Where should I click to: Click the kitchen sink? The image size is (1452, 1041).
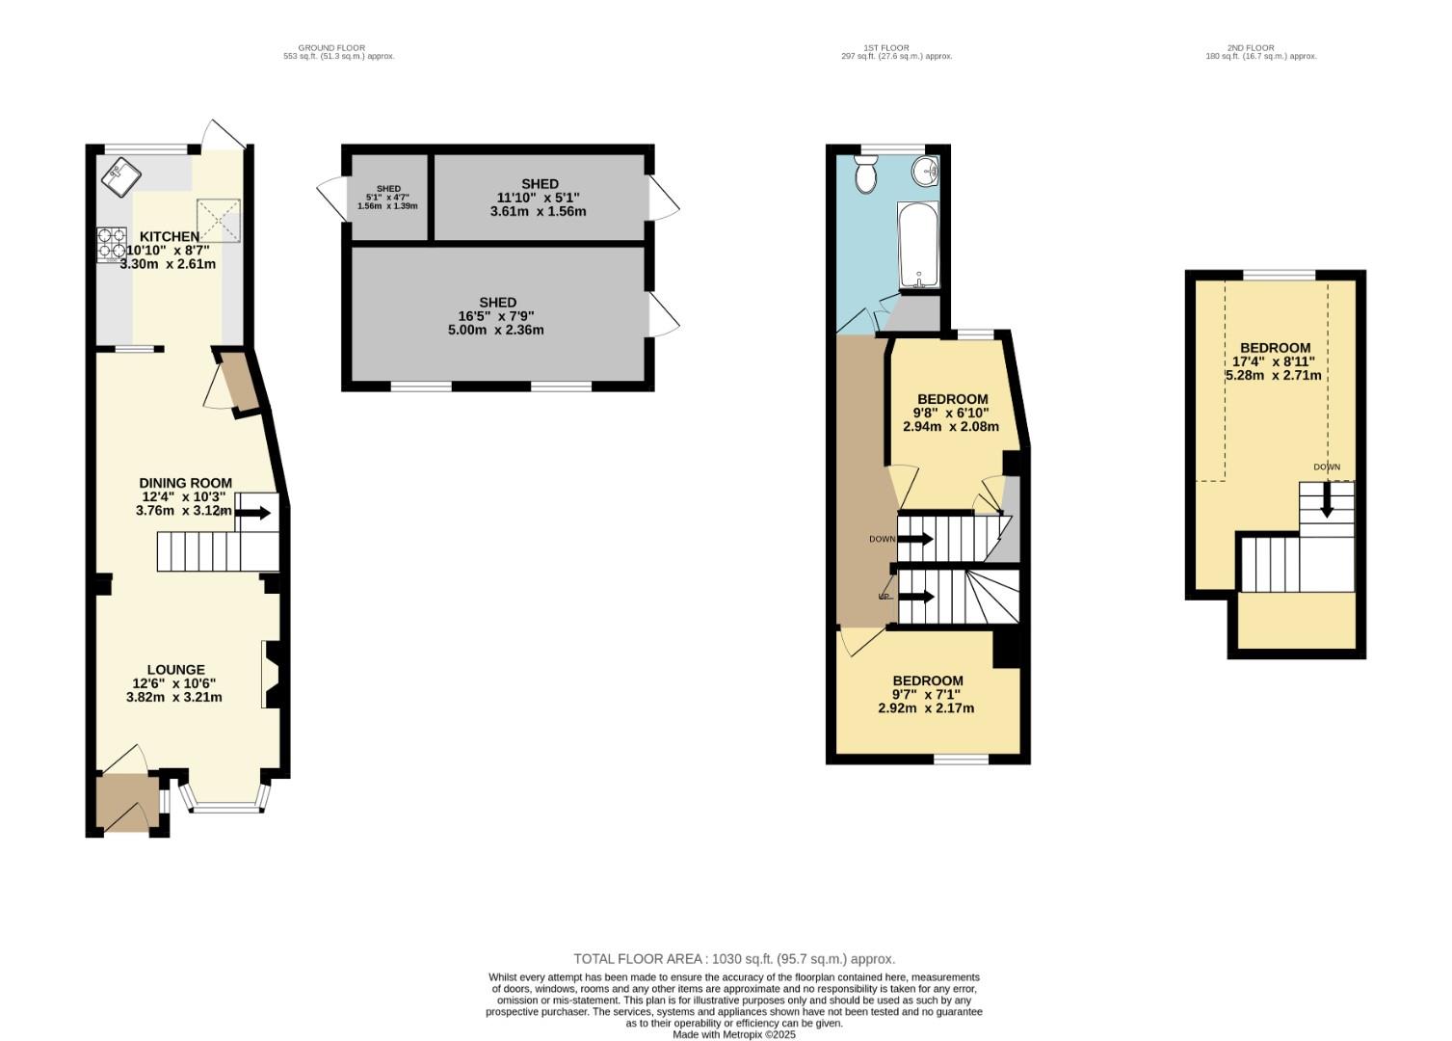[120, 176]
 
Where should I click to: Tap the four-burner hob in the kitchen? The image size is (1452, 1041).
[112, 245]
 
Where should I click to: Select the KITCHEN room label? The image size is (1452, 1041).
[170, 237]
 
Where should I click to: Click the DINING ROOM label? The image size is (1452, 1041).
[185, 483]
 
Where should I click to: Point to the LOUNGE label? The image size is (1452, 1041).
[175, 670]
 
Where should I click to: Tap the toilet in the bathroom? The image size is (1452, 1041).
[865, 175]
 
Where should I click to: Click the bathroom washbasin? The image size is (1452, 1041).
[927, 171]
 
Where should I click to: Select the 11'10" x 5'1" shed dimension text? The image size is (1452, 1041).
[540, 198]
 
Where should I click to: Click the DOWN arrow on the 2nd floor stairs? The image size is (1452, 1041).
[1327, 499]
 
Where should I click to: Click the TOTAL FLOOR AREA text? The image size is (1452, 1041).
[734, 959]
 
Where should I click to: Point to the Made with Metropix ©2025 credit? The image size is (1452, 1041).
[734, 1034]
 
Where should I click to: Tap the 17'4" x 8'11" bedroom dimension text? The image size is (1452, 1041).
[1274, 361]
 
